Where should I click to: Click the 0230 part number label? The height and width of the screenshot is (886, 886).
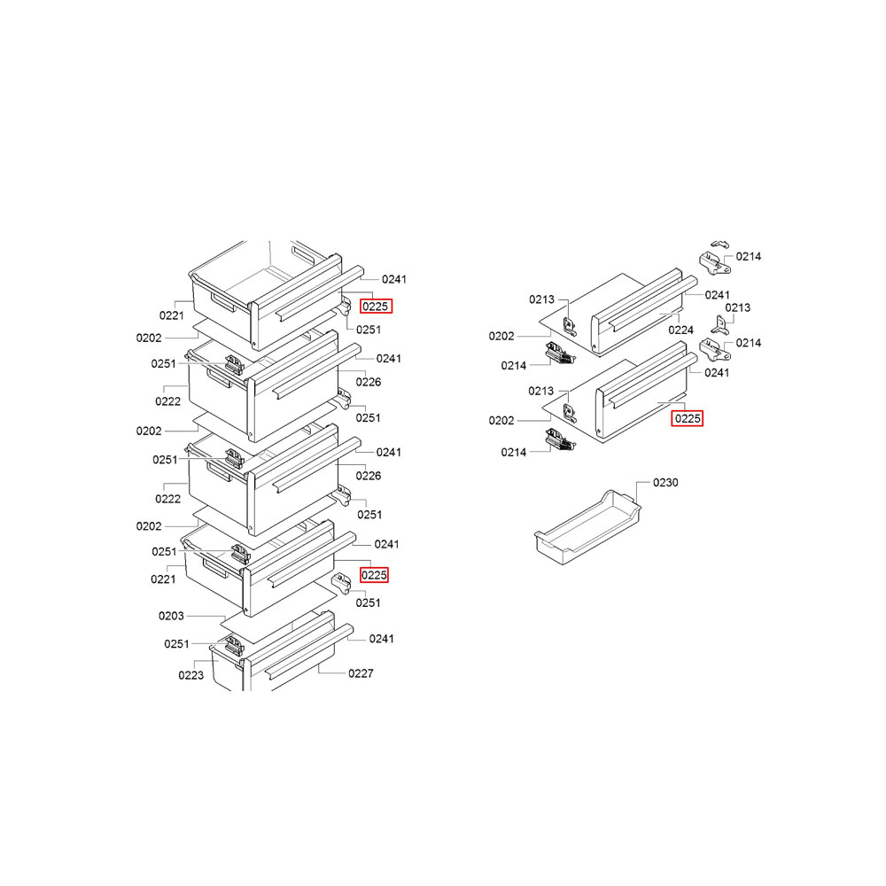click(x=665, y=483)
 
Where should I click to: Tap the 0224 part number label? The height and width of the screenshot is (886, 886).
click(x=680, y=330)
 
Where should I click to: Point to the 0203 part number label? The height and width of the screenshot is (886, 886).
click(x=171, y=616)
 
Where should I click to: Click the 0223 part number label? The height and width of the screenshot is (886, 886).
click(x=191, y=675)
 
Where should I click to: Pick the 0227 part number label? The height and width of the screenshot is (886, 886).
click(x=361, y=673)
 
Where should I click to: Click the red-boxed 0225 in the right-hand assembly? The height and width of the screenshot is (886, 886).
click(x=688, y=418)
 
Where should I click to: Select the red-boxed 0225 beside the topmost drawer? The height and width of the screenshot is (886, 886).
click(x=376, y=307)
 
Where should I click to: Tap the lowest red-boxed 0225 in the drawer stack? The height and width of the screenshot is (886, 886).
click(x=374, y=575)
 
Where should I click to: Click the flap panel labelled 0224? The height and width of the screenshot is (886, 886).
click(x=639, y=313)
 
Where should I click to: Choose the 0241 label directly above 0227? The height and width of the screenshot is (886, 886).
click(x=381, y=639)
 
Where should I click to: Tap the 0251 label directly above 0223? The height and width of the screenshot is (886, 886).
click(x=176, y=643)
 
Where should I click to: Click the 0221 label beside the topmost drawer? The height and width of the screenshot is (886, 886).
click(x=171, y=315)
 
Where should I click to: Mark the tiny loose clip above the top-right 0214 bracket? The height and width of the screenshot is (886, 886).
click(x=719, y=245)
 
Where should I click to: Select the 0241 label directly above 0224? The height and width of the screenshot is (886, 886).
click(x=717, y=295)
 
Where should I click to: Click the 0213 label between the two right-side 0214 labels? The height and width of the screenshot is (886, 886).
click(x=737, y=307)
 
